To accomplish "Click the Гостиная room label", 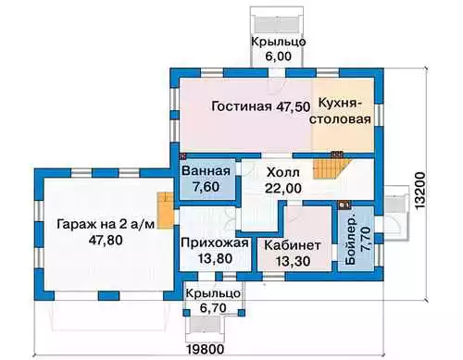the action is click(x=242, y=106).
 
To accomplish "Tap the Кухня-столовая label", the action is click(x=340, y=111).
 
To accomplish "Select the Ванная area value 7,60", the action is click(x=206, y=187).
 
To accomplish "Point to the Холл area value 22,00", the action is click(x=283, y=188).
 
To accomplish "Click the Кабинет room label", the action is click(x=293, y=245).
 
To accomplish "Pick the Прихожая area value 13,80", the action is click(x=215, y=258).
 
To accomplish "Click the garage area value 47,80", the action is click(x=106, y=240).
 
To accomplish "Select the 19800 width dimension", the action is click(x=206, y=350).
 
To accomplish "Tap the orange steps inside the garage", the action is click(x=166, y=211).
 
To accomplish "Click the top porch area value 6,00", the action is click(x=279, y=56).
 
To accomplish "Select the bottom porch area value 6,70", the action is click(x=213, y=307).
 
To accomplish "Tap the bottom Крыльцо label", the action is click(x=213, y=293).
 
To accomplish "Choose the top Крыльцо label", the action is click(x=279, y=42).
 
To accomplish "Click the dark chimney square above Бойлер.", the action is click(x=344, y=205).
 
